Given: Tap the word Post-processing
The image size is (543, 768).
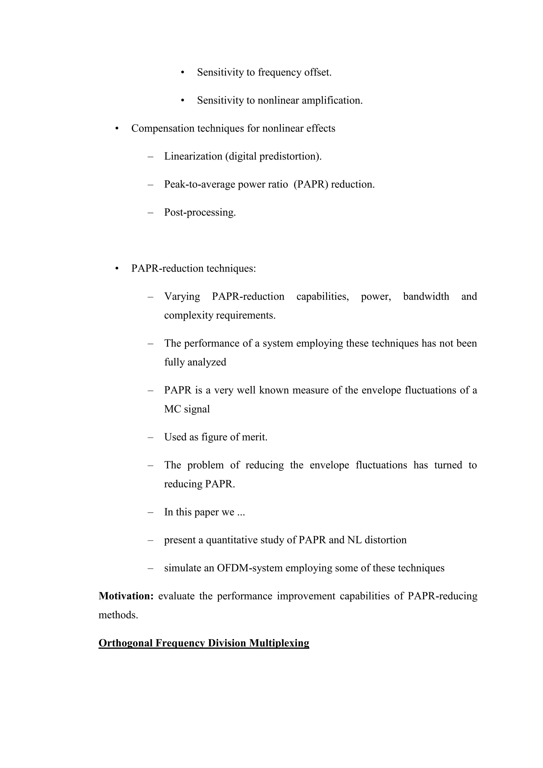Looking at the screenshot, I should [x=200, y=212].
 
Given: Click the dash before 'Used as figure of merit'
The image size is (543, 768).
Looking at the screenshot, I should [x=150, y=437].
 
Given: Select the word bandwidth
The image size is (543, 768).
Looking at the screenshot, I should [x=426, y=296].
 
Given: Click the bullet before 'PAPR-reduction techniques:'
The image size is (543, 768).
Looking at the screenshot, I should [x=117, y=269].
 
